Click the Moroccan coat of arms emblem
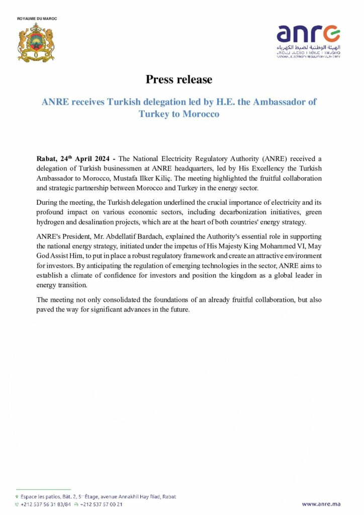click(36, 42)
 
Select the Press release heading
click(179, 79)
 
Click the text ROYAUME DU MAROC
click(37, 19)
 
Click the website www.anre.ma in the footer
click(322, 503)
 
